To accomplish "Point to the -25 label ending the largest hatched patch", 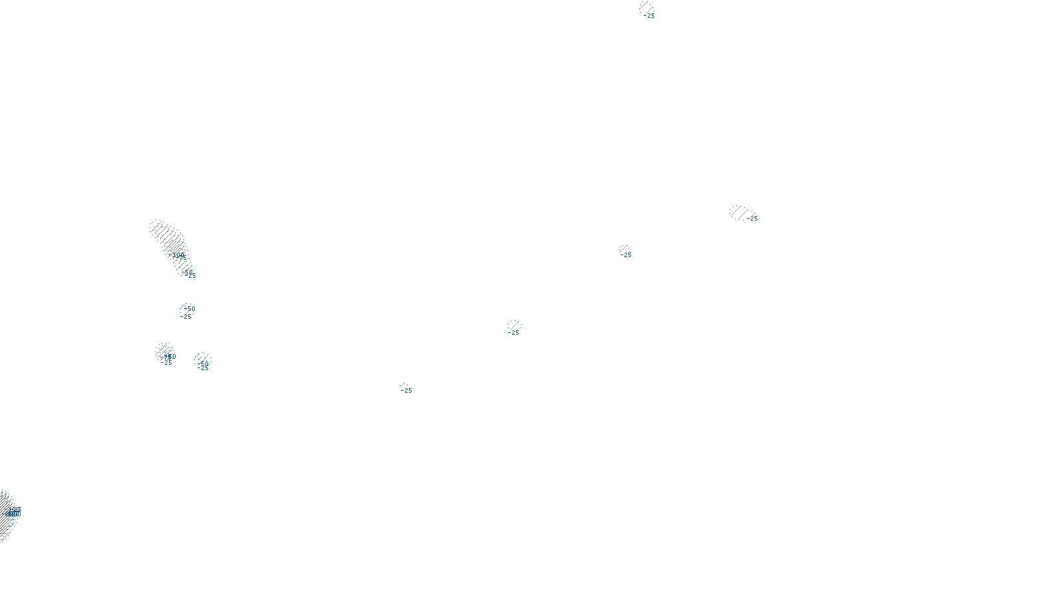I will [x=191, y=276].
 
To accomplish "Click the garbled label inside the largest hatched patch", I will [x=179, y=255].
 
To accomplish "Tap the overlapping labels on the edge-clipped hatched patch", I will [x=13, y=512].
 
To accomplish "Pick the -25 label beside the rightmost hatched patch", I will [x=753, y=218].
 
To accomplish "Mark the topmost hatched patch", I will [x=645, y=7].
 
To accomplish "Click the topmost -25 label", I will [x=650, y=16].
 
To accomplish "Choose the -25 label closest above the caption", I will [x=407, y=391].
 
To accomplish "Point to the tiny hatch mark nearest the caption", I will [x=402, y=385].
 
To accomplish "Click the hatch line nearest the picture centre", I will [x=514, y=326].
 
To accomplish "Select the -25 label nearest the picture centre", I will [x=514, y=333].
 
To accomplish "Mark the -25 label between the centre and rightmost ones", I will [x=626, y=255].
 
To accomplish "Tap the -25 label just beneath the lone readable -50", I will [x=186, y=317].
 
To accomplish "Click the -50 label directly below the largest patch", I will [x=190, y=309].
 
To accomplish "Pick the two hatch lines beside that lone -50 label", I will [x=183, y=306].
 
